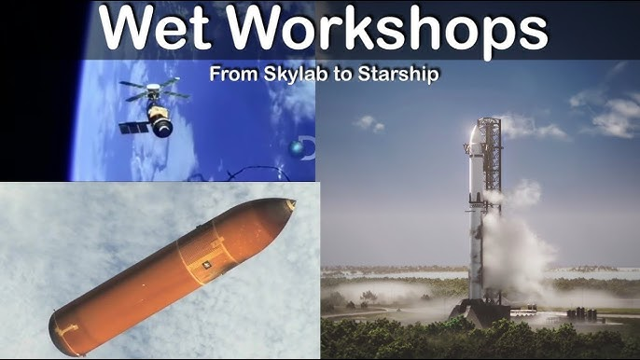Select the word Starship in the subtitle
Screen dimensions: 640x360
tap(398, 75)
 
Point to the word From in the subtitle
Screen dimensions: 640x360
tap(234, 74)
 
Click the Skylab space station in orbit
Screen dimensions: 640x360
tap(155, 107)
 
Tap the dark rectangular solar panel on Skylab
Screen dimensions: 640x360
tap(134, 128)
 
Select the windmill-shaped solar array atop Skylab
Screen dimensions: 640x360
tap(154, 90)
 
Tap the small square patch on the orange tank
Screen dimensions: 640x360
tap(207, 265)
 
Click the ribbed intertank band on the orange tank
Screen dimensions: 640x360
tap(203, 258)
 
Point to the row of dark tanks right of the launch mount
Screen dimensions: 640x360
tap(581, 314)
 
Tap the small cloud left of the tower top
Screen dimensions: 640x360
tap(369, 123)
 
